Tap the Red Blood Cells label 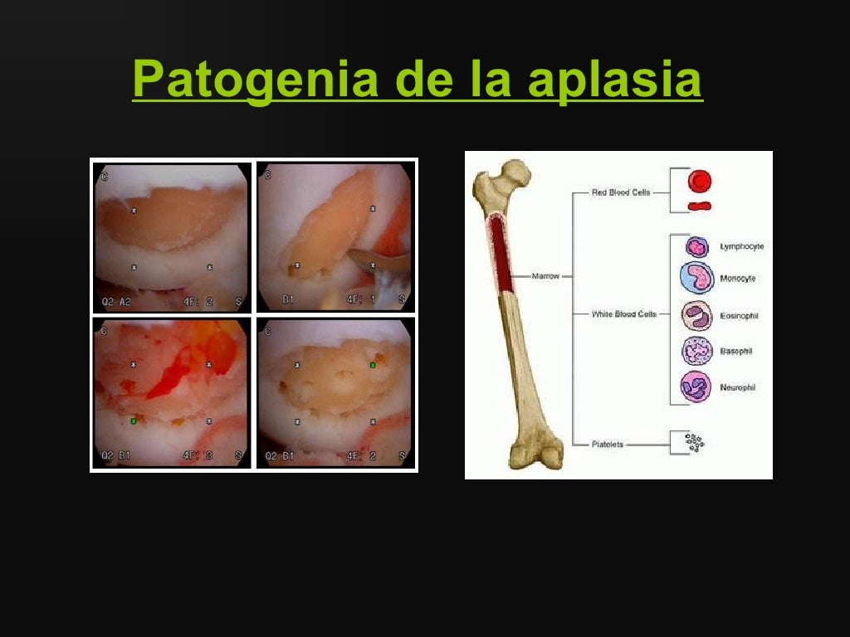coord(620,192)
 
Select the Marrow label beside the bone coord(545,276)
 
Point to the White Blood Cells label coord(623,314)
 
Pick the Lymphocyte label coord(740,246)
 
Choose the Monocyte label coord(738,279)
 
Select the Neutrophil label coord(738,387)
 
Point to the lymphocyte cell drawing coord(696,246)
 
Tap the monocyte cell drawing coord(696,279)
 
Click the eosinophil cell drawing coord(696,316)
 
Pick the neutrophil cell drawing coord(696,387)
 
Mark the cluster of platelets coord(694,443)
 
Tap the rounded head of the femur coord(518,173)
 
